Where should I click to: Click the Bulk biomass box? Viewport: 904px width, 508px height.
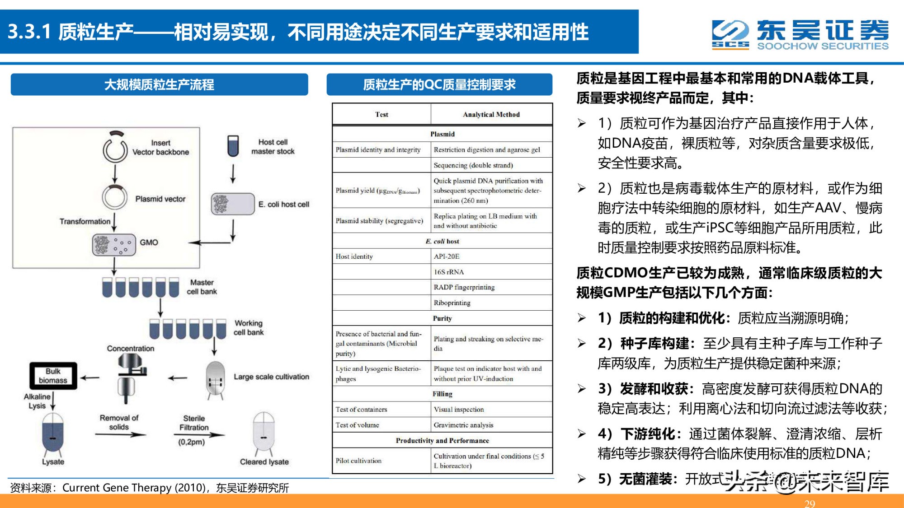pos(53,376)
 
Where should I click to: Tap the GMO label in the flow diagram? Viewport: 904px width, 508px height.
pos(149,242)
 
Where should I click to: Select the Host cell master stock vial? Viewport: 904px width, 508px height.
pos(233,146)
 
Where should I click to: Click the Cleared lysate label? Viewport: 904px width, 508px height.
pos(264,461)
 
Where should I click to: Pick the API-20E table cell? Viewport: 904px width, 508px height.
pos(447,256)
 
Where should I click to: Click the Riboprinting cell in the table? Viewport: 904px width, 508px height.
pos(452,303)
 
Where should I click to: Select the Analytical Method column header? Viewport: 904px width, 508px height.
pos(491,115)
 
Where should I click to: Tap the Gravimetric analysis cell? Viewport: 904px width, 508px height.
pos(463,425)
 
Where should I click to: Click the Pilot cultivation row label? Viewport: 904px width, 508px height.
pos(358,461)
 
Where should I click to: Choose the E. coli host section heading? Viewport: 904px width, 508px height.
pos(442,241)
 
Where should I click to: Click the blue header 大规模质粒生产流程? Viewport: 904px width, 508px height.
pos(159,84)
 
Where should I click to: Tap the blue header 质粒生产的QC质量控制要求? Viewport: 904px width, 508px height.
pos(439,84)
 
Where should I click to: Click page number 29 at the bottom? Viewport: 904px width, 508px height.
pos(810,503)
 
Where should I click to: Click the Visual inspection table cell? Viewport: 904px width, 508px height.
pos(458,410)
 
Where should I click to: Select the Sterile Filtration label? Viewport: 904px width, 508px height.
pos(194,423)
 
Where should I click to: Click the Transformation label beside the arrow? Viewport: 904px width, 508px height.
pos(85,221)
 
